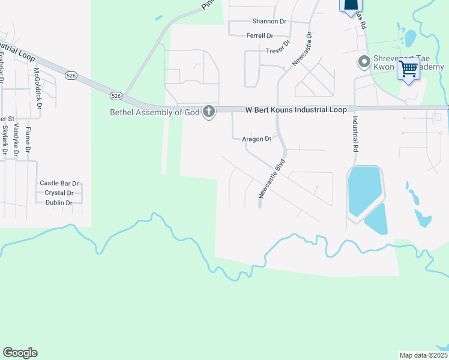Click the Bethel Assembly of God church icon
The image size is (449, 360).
[209, 112]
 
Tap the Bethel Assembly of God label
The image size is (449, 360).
[154, 112]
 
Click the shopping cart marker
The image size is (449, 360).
[409, 70]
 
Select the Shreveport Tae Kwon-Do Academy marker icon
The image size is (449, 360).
[363, 62]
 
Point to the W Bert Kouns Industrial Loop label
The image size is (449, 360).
[296, 110]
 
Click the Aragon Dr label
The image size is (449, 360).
[256, 139]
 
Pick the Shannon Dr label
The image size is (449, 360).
[270, 21]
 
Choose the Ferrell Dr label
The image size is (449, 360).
[259, 36]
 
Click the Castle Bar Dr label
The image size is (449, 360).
[59, 183]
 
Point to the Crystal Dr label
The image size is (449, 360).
[59, 193]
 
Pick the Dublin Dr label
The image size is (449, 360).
[59, 203]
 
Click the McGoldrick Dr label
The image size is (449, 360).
[38, 88]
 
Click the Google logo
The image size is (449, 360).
[20, 352]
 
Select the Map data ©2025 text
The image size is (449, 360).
[423, 355]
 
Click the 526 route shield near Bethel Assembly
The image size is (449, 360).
[116, 95]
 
